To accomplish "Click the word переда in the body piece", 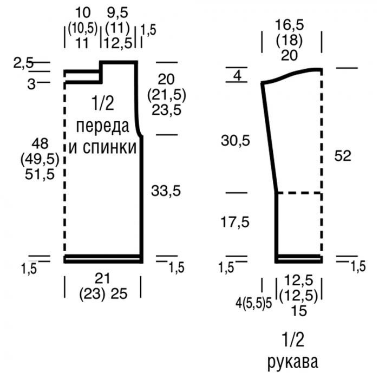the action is pos(103,127).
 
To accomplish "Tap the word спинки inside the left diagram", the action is pos(110,147).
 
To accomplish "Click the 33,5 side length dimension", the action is pos(166,191).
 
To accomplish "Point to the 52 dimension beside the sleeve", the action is pos(343,156).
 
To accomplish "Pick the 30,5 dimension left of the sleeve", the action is pos(235,141).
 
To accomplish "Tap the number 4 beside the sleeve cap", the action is pos(237,76).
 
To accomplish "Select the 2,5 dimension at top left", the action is pos(23,63).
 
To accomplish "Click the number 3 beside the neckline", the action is pos(31,84).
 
